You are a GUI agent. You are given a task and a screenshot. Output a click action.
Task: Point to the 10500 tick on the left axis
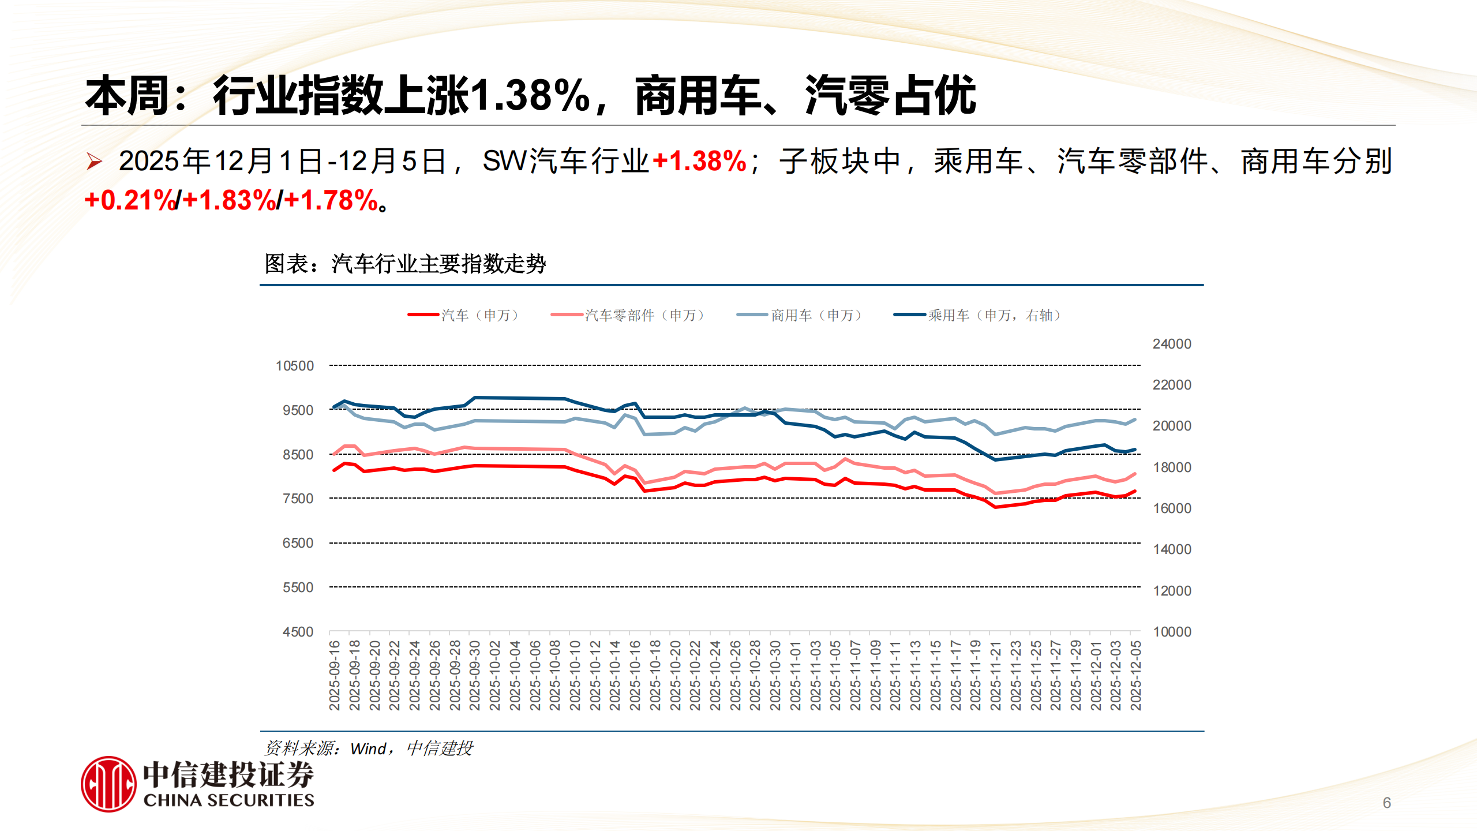295,366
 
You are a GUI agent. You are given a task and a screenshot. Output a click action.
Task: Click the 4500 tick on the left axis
298,632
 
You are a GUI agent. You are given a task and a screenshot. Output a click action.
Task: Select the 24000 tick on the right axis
1172,344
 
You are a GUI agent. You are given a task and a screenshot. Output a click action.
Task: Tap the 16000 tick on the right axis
1172,508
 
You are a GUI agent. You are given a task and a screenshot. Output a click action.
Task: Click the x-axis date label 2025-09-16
335,675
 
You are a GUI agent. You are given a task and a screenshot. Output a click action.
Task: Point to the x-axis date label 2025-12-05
1135,675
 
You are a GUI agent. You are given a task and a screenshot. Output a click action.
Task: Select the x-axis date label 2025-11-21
995,675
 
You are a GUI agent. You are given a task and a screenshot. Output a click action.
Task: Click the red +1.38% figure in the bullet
699,161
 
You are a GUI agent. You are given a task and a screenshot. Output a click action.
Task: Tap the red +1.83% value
230,201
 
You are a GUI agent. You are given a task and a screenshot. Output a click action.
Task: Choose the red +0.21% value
130,201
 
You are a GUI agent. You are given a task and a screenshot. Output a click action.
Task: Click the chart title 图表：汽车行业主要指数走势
405,264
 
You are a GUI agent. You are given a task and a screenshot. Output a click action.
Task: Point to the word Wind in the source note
368,749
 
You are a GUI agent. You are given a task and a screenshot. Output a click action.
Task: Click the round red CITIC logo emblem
109,784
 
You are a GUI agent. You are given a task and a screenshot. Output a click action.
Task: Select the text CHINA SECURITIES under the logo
228,800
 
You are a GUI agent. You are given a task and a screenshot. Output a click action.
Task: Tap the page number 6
1387,803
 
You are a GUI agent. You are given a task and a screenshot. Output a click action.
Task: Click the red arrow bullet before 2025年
94,161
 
